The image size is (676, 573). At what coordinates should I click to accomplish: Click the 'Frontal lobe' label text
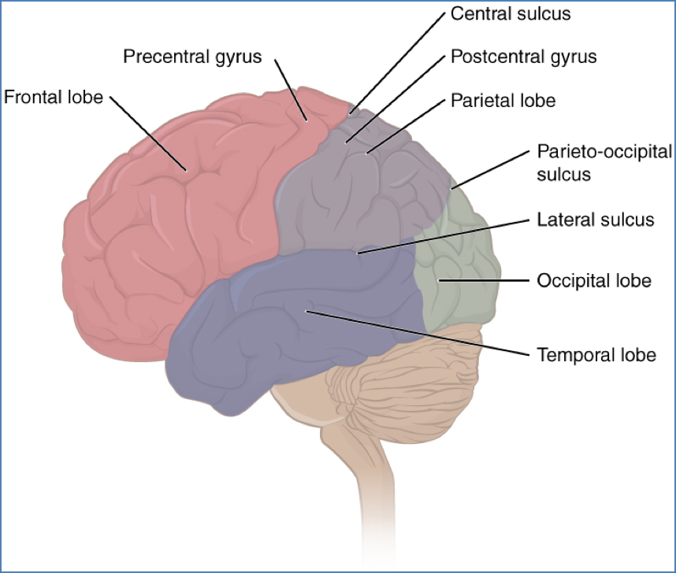54,98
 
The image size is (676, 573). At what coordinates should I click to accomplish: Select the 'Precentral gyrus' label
192,57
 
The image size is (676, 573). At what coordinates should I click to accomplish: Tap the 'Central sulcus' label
510,14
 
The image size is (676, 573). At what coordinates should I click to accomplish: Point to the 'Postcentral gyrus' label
523,57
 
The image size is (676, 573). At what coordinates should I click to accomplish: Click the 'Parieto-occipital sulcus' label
604,162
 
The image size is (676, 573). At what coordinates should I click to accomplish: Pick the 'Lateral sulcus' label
595,220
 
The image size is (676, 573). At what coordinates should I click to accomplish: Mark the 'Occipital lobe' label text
594,280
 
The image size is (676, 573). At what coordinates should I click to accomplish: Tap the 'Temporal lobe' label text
596,355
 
